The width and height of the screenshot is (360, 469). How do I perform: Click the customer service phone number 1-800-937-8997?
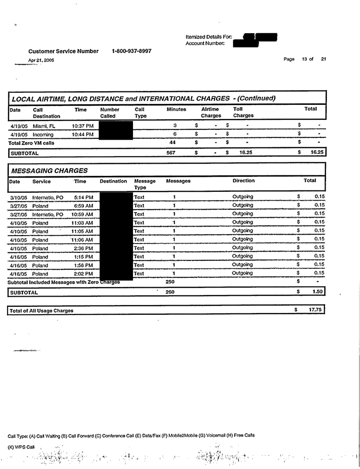tap(132, 51)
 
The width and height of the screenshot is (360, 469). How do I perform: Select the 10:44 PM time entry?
tap(83, 134)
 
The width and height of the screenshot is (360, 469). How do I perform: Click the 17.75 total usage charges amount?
tap(315, 310)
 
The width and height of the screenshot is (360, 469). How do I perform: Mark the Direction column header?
tap(243, 181)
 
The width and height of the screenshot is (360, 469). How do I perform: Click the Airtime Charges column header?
tap(211, 112)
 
